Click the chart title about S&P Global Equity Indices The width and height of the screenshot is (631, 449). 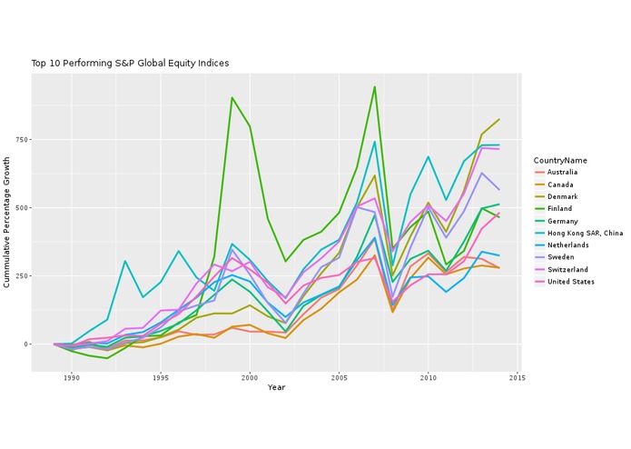click(x=130, y=64)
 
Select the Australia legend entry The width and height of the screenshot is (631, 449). click(x=562, y=172)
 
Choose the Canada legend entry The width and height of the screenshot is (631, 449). click(x=559, y=185)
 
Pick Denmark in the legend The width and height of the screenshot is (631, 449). click(x=561, y=196)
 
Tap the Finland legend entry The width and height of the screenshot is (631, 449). click(x=559, y=208)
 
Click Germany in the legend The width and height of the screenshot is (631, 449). click(x=561, y=221)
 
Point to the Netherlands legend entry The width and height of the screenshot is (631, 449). click(x=567, y=245)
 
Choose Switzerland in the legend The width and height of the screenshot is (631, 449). click(x=567, y=270)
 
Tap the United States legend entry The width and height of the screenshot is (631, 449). click(x=569, y=282)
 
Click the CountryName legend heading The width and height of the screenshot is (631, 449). click(x=560, y=160)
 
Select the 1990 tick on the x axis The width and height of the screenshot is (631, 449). click(x=71, y=377)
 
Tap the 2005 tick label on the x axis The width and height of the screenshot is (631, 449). click(x=339, y=377)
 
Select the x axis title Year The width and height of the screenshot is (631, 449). click(x=277, y=388)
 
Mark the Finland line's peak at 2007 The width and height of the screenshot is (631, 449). click(x=374, y=86)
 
